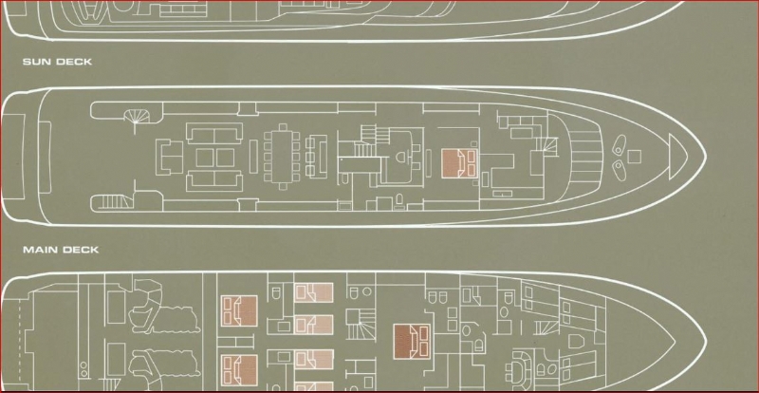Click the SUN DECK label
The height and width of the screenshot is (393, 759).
click(x=57, y=62)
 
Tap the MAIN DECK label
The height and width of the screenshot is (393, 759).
click(x=61, y=250)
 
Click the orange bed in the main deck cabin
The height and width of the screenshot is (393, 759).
click(x=459, y=163)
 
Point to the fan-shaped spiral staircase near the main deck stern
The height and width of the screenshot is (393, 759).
click(x=138, y=116)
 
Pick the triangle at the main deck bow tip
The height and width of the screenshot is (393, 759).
click(x=677, y=157)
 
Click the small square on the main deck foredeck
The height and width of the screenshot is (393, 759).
click(x=634, y=157)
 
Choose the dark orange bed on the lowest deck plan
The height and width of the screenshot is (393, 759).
click(x=412, y=342)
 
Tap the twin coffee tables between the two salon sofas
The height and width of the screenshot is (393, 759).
click(x=215, y=158)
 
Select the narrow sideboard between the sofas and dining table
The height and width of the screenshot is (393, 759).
click(x=253, y=156)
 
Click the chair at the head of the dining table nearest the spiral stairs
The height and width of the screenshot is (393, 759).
click(x=283, y=127)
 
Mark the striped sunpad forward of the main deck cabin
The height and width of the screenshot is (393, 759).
click(x=586, y=155)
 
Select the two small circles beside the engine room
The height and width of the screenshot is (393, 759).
click(x=84, y=368)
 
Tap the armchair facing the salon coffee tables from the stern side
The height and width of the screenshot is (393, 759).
click(x=169, y=157)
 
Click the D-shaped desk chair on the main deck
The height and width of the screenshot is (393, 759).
click(x=401, y=157)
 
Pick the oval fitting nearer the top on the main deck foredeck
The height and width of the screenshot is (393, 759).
click(x=620, y=145)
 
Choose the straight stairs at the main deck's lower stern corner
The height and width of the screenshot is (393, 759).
click(x=112, y=201)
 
